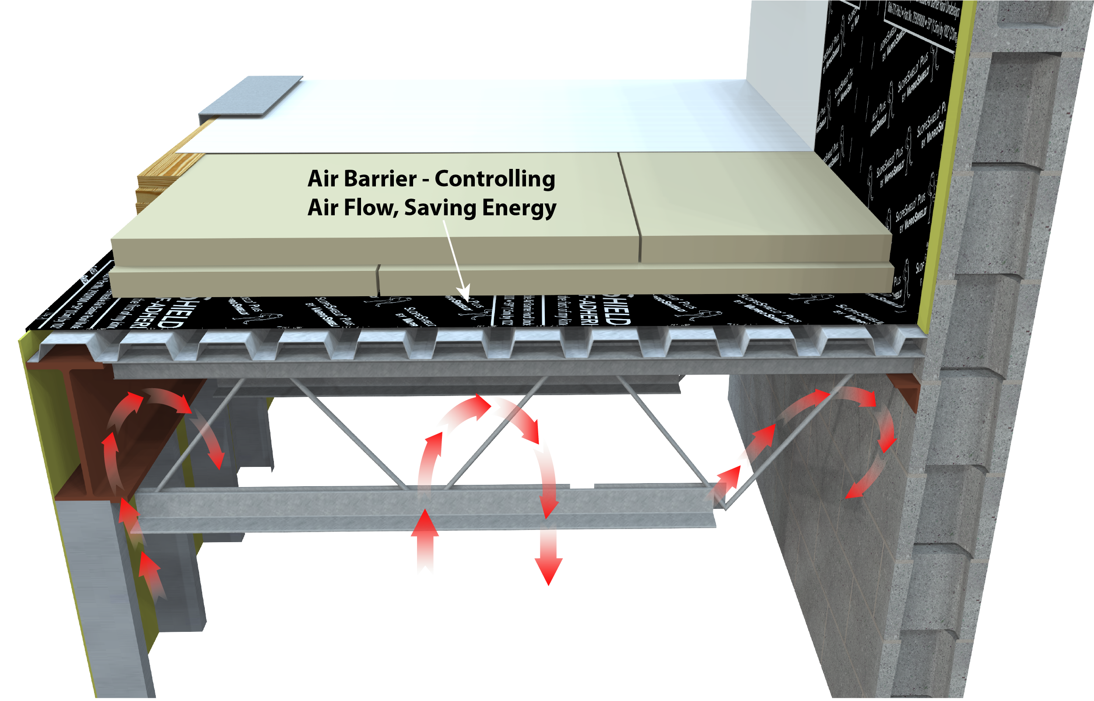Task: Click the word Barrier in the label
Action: tap(380, 179)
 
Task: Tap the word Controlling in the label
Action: tap(494, 179)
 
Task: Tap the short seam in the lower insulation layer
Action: tap(378, 279)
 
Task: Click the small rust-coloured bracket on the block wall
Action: tap(905, 392)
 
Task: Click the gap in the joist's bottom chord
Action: tap(582, 486)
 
